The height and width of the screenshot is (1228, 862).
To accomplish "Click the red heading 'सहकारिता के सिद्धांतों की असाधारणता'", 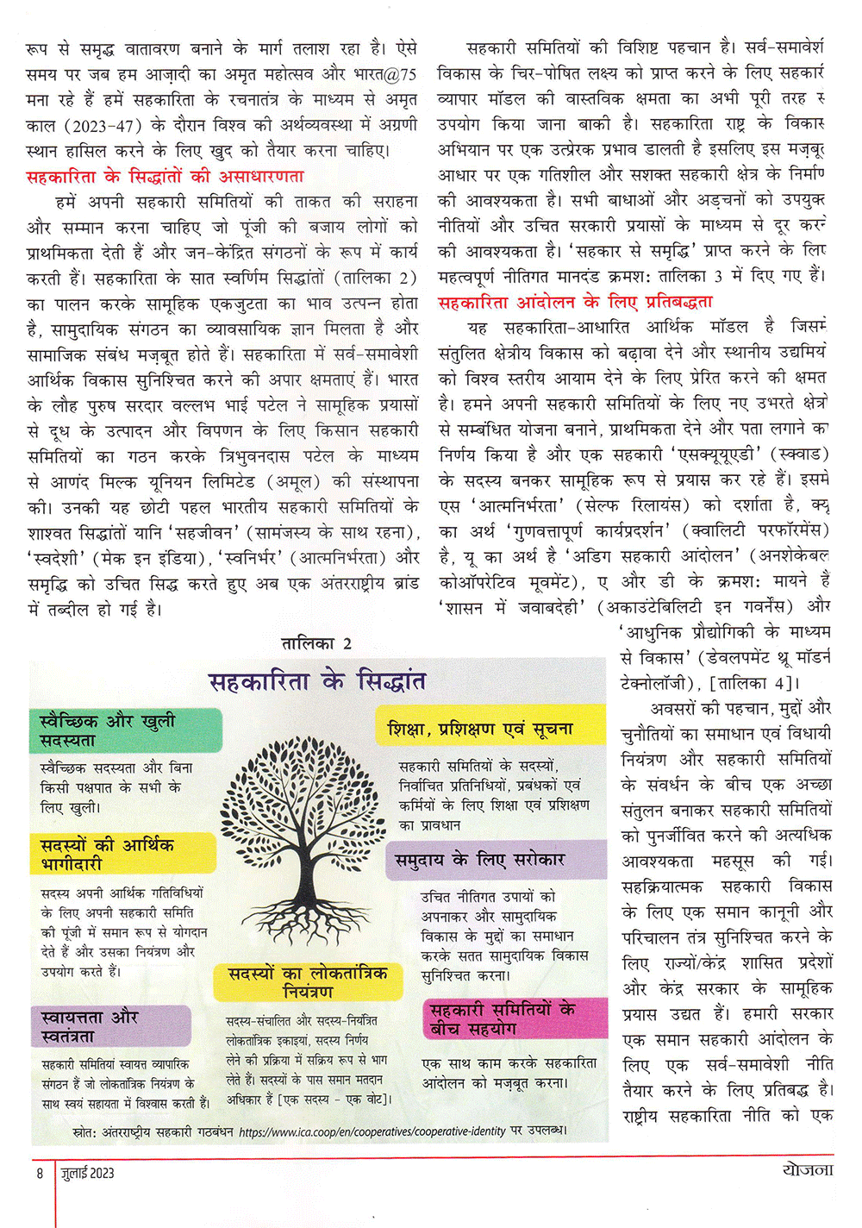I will pos(165,177).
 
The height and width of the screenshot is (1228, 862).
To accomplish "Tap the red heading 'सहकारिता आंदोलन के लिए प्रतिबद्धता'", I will pos(575,302).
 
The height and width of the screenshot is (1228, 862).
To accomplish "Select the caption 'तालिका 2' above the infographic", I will pos(316,643).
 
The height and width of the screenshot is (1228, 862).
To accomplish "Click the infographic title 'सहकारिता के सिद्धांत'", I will pos(317,681).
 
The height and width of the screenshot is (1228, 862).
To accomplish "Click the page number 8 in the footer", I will pos(40,1173).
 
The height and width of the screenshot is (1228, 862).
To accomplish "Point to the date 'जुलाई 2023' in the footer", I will pos(88,1173).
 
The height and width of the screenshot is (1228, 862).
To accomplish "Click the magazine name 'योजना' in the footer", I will pos(807,1170).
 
